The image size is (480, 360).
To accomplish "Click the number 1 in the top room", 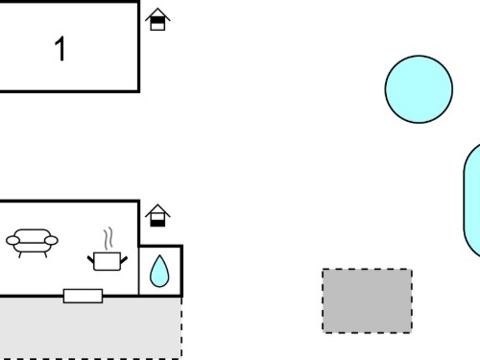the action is tap(60, 48).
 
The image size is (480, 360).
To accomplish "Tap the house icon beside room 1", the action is tap(157, 19).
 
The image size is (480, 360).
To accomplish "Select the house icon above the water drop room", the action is tap(157, 215).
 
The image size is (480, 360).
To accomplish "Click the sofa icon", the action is tap(32, 243).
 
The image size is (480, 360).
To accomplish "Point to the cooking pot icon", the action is tap(108, 261).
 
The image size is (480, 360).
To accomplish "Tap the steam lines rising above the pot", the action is tap(108, 238).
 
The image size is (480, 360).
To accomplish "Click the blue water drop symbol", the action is tap(159, 272).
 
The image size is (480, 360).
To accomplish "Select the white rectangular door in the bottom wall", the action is tap(84, 296).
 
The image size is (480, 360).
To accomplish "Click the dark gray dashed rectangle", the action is tap(367, 300).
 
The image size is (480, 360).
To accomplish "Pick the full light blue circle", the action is tap(419, 89).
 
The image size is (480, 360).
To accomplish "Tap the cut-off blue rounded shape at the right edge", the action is tap(472, 201).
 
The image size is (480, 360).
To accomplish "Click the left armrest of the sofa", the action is tap(12, 240).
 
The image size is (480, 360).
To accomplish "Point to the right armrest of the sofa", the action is tap(51, 240).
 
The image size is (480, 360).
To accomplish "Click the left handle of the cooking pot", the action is tap(91, 259).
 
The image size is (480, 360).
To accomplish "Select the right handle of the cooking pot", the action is tap(124, 260).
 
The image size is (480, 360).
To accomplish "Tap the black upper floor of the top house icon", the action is tap(157, 20).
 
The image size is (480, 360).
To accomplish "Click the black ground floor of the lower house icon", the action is tap(157, 223).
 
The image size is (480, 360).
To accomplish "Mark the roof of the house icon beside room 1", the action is tap(157, 14).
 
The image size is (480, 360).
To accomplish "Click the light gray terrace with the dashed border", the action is tap(90, 328).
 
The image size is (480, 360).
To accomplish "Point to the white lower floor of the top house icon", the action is tap(157, 27).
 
